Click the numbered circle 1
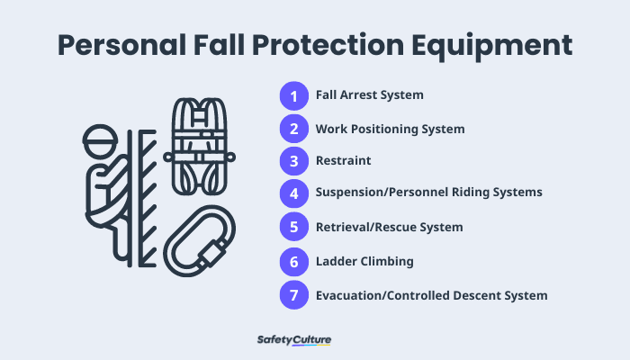point(293,94)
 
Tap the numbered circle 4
point(293,193)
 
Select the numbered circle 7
point(293,295)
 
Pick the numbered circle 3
point(293,161)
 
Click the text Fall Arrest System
point(369,94)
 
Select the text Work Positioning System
point(390,129)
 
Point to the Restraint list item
point(343,161)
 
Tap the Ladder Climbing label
point(364,261)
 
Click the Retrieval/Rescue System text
point(389,227)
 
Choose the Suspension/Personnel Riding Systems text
point(428,193)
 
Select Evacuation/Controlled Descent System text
point(431,295)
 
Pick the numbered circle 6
point(293,261)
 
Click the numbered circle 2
point(293,129)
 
